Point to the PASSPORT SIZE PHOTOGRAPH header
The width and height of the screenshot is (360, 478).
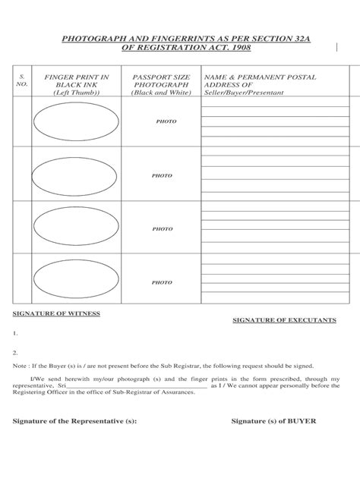160,85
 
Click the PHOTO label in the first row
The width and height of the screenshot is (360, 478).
166,121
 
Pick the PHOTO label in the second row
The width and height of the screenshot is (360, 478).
162,175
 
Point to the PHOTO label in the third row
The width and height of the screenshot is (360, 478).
162,228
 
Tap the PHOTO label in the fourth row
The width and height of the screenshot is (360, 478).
162,282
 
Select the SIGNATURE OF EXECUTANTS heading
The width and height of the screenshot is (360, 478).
283,321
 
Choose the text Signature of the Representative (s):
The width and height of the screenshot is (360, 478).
75,422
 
